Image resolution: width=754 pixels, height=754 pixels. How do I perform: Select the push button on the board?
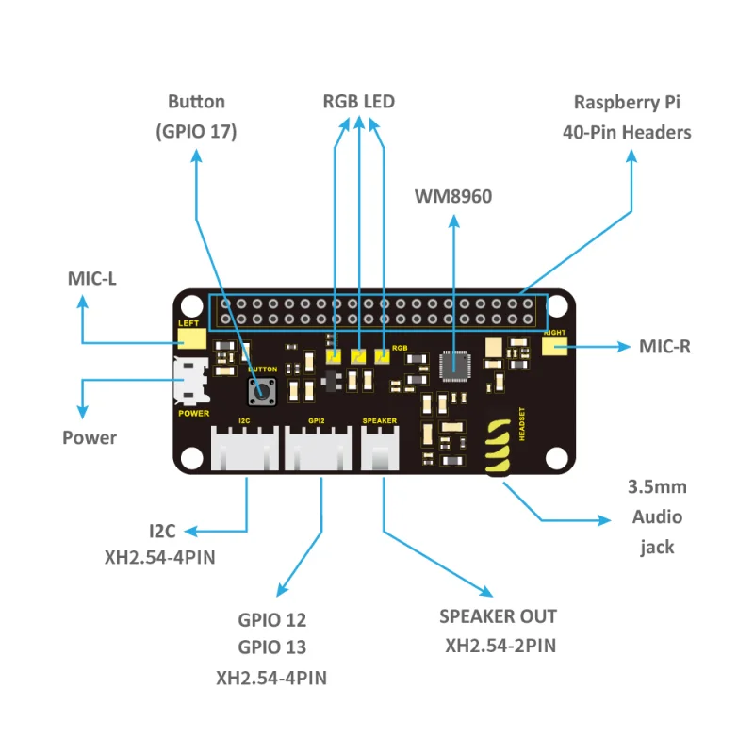pyautogui.click(x=261, y=389)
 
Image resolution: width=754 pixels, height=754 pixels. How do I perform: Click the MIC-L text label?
pyautogui.click(x=91, y=278)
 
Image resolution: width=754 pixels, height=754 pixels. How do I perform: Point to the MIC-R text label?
pyautogui.click(x=664, y=346)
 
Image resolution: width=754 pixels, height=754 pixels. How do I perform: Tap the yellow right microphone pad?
pyautogui.click(x=554, y=348)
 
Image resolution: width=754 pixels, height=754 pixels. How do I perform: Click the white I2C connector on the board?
pyautogui.click(x=244, y=448)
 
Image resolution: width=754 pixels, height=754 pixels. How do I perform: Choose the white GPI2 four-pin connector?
pyautogui.click(x=320, y=448)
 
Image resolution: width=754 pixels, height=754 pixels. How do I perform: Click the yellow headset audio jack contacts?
pyautogui.click(x=500, y=449)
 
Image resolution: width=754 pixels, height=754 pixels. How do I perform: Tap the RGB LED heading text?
pyautogui.click(x=358, y=102)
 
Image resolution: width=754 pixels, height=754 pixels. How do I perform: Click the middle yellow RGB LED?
pyautogui.click(x=359, y=357)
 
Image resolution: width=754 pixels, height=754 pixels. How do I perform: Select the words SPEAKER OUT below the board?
pyautogui.click(x=498, y=616)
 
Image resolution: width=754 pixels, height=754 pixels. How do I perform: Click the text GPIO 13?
pyautogui.click(x=271, y=647)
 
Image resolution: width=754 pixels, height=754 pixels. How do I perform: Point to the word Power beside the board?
pyautogui.click(x=90, y=437)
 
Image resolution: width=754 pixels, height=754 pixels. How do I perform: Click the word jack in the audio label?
pyautogui.click(x=657, y=547)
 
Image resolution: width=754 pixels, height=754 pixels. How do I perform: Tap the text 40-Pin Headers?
pyautogui.click(x=627, y=132)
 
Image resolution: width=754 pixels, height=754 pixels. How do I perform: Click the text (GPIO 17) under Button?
pyautogui.click(x=196, y=132)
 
